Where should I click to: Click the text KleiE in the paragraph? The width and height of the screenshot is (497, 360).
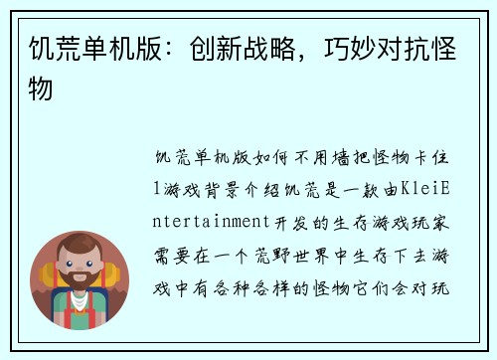point(425,185)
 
